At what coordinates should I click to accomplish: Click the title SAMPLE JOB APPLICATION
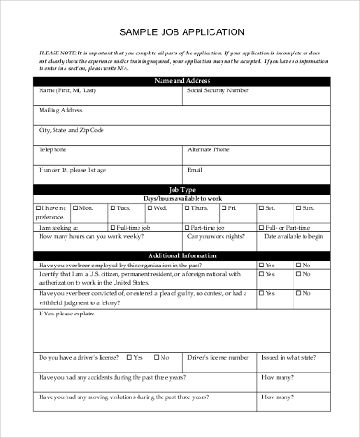tap(180, 30)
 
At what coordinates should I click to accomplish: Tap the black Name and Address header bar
tap(180, 81)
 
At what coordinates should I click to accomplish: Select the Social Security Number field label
tap(218, 91)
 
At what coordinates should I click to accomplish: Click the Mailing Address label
tap(58, 110)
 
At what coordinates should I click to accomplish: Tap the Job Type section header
tap(180, 188)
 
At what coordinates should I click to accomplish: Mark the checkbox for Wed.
tap(148, 208)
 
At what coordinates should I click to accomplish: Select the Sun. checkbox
tap(302, 208)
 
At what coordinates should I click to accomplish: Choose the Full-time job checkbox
tap(112, 226)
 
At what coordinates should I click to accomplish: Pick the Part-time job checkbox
tap(187, 226)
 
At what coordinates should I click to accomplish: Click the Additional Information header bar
tap(180, 255)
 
